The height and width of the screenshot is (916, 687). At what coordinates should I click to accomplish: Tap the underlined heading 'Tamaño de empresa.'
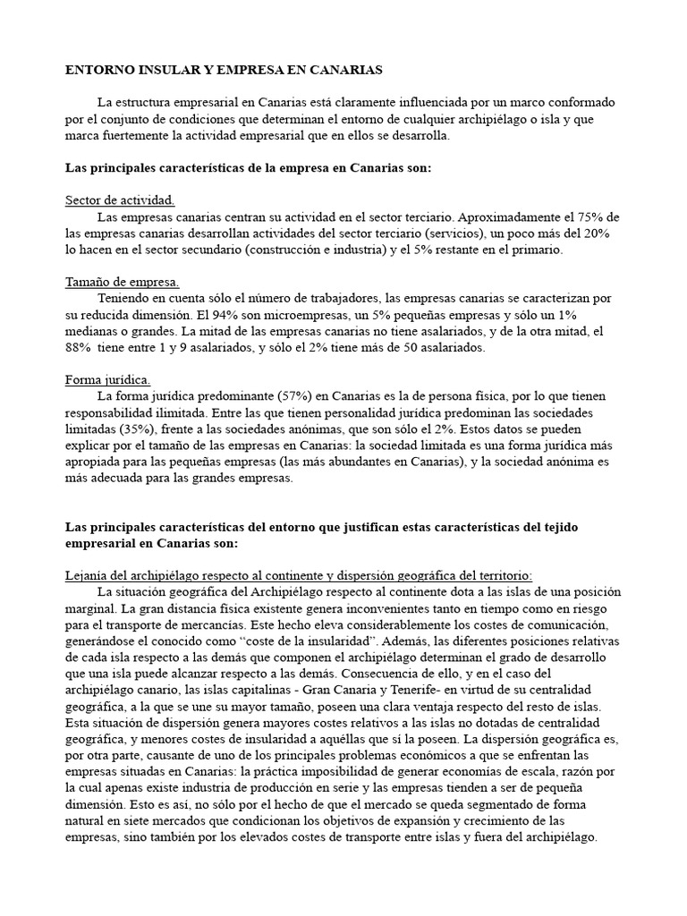[x=123, y=282]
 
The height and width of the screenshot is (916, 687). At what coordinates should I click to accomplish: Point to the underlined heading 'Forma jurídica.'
[x=108, y=380]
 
